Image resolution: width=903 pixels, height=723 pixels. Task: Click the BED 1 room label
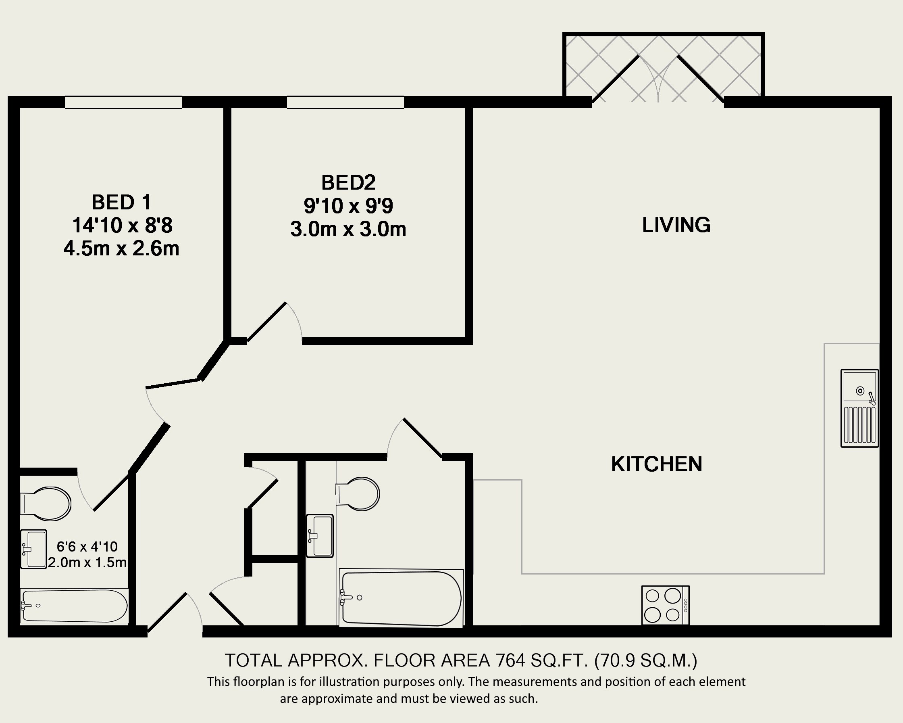121,203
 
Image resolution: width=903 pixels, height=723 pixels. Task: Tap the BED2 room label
348,182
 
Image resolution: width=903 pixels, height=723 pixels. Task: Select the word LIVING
676,225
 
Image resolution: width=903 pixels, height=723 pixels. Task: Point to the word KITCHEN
657,464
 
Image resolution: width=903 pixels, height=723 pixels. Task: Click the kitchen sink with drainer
859,408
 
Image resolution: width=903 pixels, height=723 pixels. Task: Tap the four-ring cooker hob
666,605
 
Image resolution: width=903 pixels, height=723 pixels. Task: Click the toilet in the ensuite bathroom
46,504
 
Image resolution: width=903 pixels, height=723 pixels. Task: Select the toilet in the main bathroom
357,494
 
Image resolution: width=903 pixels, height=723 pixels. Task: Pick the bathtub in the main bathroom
401,598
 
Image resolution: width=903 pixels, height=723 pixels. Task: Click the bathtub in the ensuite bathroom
74,606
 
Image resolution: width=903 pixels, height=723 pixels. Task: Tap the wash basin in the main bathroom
320,536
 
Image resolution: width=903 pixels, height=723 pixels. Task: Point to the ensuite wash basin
33,549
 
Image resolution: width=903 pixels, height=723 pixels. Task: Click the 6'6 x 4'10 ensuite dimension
87,547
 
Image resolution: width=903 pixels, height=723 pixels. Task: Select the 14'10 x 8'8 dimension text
122,226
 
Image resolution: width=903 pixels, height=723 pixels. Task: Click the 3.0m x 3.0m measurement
348,229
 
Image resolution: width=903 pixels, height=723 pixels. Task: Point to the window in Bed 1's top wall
123,102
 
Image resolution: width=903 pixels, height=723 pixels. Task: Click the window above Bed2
345,102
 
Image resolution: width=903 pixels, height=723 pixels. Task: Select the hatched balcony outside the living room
664,67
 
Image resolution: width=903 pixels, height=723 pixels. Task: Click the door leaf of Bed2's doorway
266,322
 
